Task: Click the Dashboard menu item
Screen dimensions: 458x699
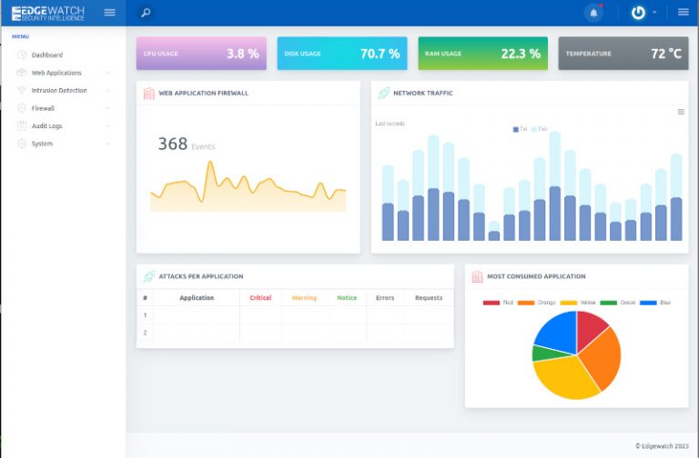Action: pos(46,55)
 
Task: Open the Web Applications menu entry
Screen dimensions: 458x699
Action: pos(56,73)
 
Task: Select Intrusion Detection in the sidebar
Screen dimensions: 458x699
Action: pos(59,91)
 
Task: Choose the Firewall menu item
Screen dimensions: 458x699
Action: pos(44,108)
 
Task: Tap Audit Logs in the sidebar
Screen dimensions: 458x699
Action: pos(46,126)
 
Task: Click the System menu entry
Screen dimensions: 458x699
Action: pos(42,144)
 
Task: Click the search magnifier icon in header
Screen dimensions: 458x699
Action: pos(146,13)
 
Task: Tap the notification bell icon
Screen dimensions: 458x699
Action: pos(594,13)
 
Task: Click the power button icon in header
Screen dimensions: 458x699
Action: pos(638,13)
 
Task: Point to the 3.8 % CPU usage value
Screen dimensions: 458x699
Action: pos(242,54)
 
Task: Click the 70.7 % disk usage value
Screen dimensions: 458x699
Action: pos(380,54)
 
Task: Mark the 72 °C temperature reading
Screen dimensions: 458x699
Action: pos(665,54)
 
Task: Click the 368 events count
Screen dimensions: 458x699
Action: pos(172,144)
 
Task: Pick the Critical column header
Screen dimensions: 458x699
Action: pos(260,298)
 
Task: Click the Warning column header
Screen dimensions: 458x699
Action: pos(304,298)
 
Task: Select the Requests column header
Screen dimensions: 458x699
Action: pos(428,298)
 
